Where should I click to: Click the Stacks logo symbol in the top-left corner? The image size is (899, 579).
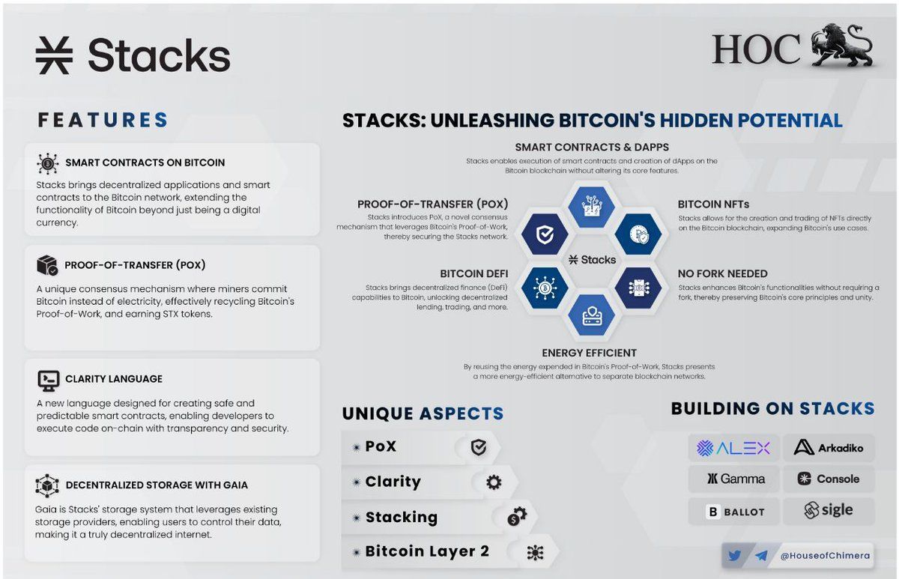click(54, 55)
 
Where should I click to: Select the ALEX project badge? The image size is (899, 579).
click(733, 448)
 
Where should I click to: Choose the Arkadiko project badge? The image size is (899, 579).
click(829, 448)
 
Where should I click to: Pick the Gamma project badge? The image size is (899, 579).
click(733, 479)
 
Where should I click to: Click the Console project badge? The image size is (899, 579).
click(829, 479)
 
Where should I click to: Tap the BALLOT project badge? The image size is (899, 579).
click(733, 512)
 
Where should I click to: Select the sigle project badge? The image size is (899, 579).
click(829, 511)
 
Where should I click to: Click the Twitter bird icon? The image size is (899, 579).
click(734, 556)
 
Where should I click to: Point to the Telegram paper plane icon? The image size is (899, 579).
click(761, 556)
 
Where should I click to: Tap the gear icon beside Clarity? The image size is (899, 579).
click(494, 482)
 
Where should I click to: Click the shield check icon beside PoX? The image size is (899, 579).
click(478, 447)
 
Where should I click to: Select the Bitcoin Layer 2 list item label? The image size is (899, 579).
click(427, 552)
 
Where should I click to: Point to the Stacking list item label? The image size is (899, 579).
click(401, 517)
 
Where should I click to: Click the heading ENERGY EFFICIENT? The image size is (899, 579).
click(589, 353)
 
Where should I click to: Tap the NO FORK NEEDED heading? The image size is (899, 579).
click(722, 273)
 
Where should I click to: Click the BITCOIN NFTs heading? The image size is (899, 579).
click(713, 204)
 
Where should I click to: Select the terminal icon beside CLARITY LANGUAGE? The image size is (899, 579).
click(48, 380)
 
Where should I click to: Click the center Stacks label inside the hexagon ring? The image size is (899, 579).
click(592, 259)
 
